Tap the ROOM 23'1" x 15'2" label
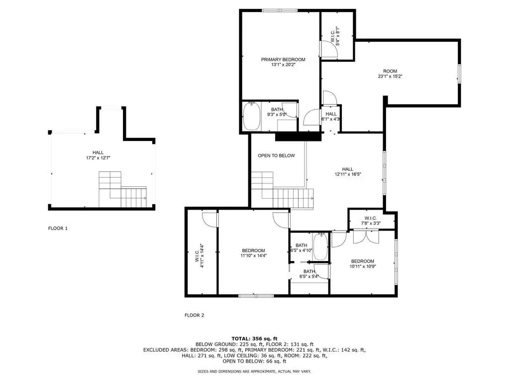pos(390,74)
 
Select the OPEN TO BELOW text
pos(276,155)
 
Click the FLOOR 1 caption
pos(58,229)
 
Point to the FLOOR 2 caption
pos(194,315)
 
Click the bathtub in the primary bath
pos(252,116)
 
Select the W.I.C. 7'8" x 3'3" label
pos(371,221)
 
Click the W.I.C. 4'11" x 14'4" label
pos(200,255)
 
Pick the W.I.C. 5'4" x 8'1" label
pos(335,36)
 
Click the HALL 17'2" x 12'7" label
pos(98,155)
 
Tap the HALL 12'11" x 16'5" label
pos(348,171)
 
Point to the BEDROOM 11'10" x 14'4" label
pos(253,253)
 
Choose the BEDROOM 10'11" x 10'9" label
pos(363,264)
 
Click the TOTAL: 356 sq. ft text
pos(255,339)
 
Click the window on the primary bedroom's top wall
pos(280,11)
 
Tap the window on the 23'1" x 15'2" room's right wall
pos(459,74)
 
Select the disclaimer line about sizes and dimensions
pos(255,371)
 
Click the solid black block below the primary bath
pos(299,136)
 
